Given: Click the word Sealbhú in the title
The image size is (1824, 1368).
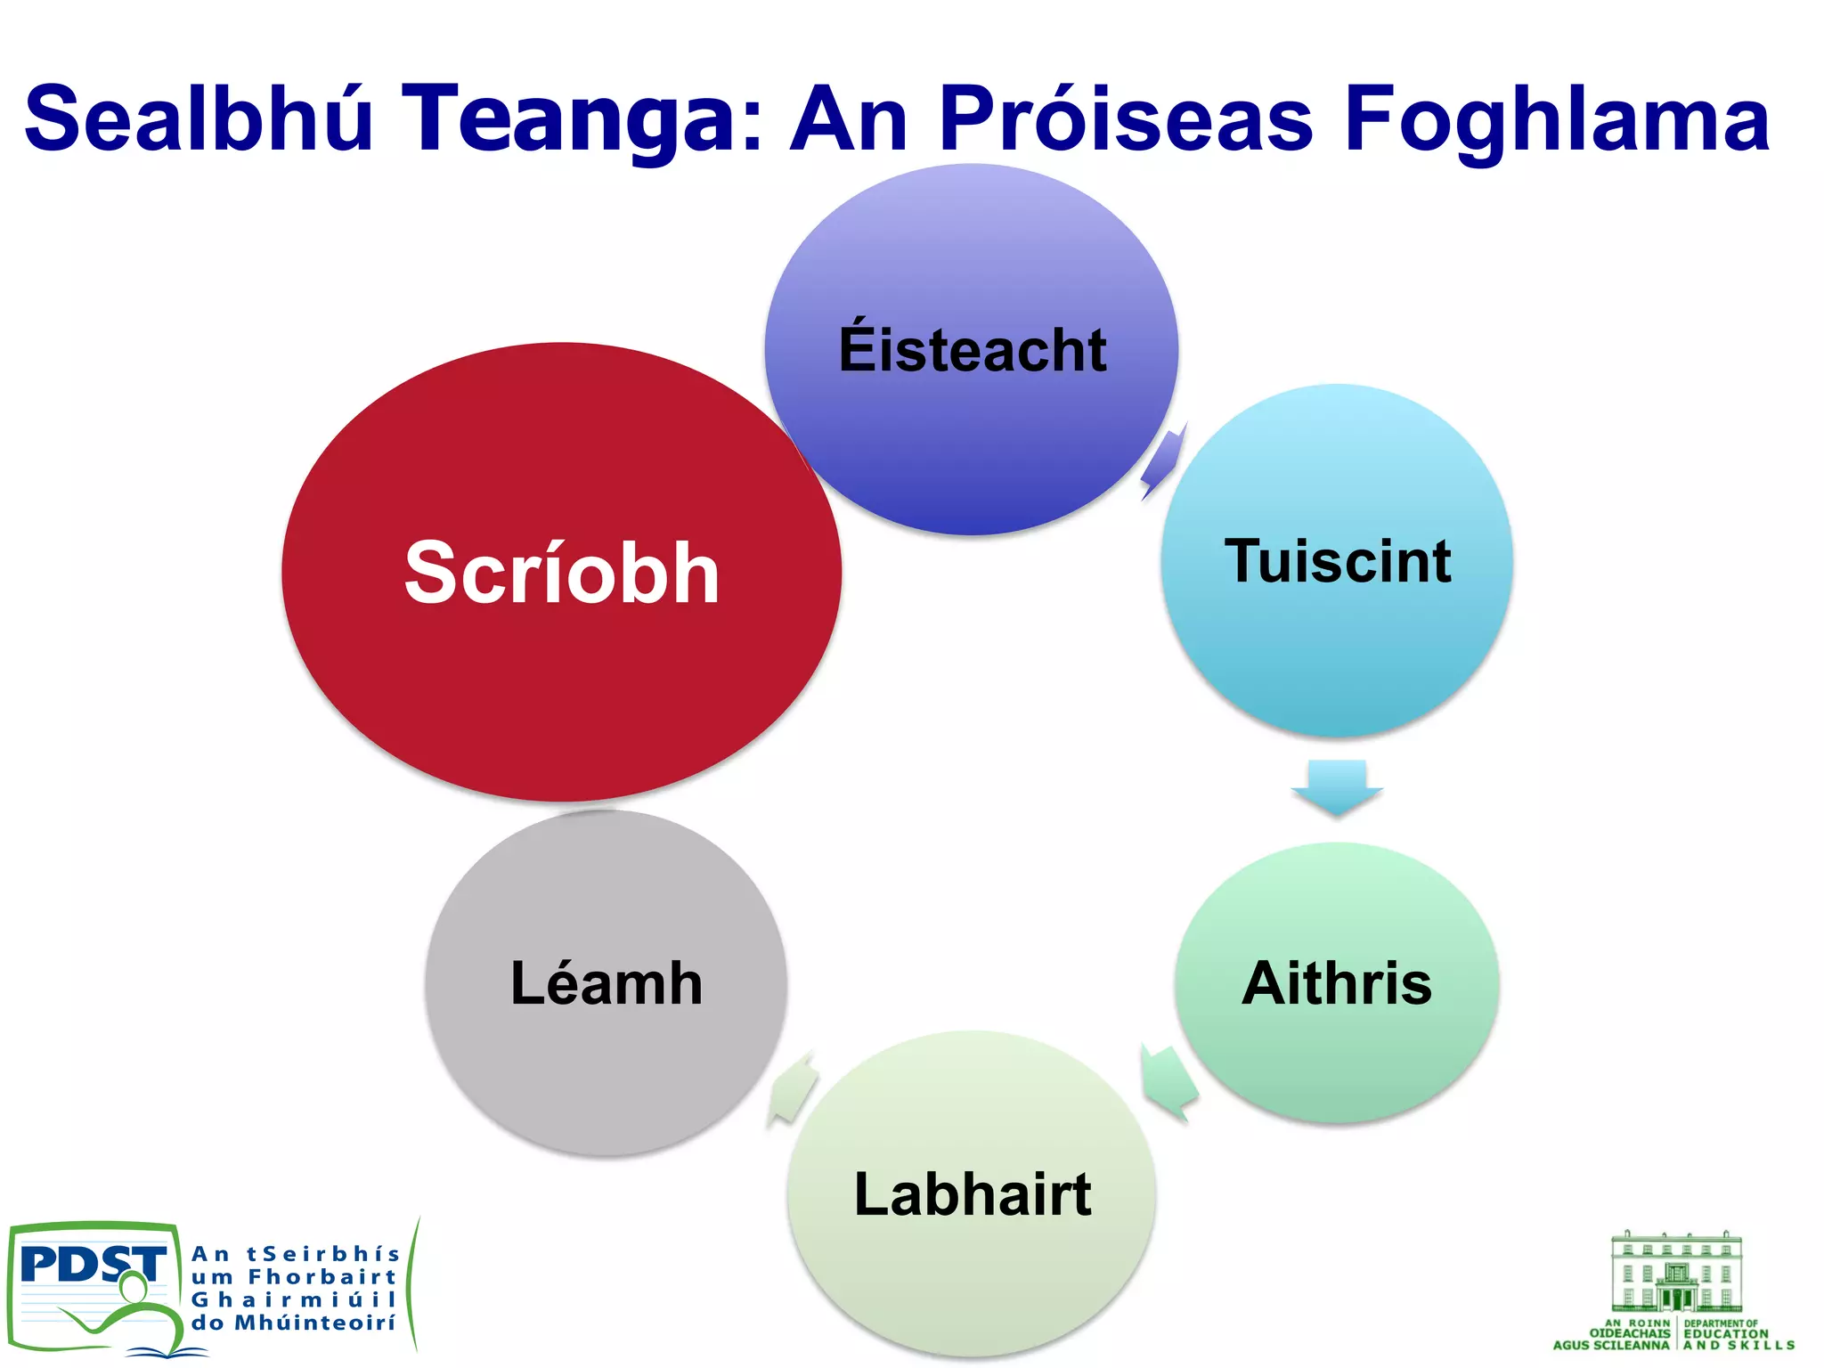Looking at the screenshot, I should [198, 118].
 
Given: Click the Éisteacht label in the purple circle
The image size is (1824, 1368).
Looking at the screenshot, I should [973, 350].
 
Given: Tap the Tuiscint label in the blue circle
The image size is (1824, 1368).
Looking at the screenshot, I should [1338, 561].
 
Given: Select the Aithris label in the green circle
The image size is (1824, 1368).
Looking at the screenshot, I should [1337, 983].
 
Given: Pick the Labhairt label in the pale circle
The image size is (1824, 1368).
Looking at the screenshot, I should [973, 1193].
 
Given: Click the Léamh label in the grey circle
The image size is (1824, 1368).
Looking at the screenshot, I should [607, 983].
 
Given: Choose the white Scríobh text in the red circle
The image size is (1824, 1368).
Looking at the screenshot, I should [562, 573].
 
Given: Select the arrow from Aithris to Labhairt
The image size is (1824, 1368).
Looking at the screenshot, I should [1168, 1081].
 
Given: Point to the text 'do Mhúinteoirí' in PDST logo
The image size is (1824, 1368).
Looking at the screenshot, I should [293, 1323].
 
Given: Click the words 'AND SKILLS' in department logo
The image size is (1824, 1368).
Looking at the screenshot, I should [1738, 1345].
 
